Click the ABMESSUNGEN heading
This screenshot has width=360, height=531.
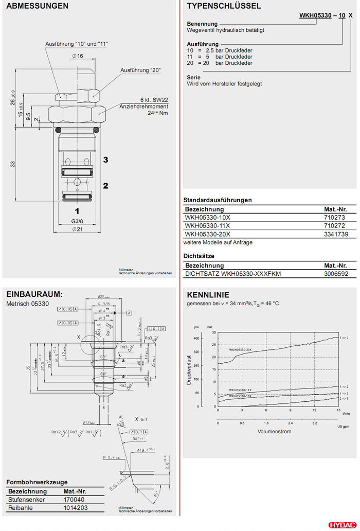[37, 6]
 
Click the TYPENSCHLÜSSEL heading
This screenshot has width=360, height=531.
[224, 6]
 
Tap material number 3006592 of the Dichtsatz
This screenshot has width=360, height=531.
[336, 274]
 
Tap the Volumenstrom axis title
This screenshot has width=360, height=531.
[274, 431]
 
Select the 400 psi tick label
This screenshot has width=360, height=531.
[196, 338]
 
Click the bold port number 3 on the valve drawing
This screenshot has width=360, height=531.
[105, 160]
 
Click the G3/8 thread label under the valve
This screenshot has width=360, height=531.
[77, 221]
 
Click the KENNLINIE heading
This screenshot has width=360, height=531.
[208, 295]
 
